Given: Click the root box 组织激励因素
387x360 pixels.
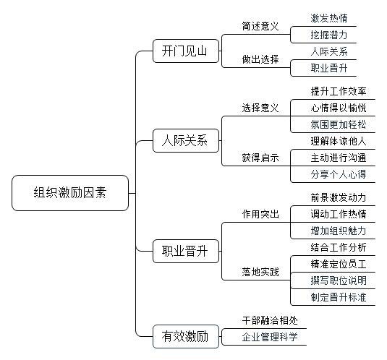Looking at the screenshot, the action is [70, 193].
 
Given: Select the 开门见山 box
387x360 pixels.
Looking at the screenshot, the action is [186, 51].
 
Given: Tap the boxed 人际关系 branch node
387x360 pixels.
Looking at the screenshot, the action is [186, 140].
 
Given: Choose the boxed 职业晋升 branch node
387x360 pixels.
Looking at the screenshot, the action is [186, 251].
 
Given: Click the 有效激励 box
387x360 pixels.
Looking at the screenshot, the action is [186, 336].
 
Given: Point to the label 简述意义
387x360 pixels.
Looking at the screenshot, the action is [260, 26].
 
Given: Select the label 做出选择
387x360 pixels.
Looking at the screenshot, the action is [260, 59].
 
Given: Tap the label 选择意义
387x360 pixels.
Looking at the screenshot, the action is [260, 108].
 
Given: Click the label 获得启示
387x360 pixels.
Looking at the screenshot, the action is [260, 158].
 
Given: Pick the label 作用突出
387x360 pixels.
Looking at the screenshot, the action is [260, 214].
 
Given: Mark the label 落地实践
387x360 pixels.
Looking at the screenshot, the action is [260, 272].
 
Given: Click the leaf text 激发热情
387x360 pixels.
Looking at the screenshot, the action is [329, 18].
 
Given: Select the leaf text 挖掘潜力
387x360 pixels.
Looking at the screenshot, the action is [329, 35].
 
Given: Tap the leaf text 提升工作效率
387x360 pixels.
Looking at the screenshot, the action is [339, 92].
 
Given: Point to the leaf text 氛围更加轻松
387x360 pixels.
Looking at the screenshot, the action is [339, 124].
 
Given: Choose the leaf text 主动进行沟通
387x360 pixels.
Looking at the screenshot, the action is [339, 158].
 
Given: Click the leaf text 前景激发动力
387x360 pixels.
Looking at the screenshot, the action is [339, 198].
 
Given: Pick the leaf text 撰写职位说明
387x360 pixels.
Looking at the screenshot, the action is [339, 280].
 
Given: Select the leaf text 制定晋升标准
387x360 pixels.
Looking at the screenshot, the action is [339, 297].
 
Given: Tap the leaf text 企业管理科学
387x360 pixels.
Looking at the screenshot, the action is [270, 337].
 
